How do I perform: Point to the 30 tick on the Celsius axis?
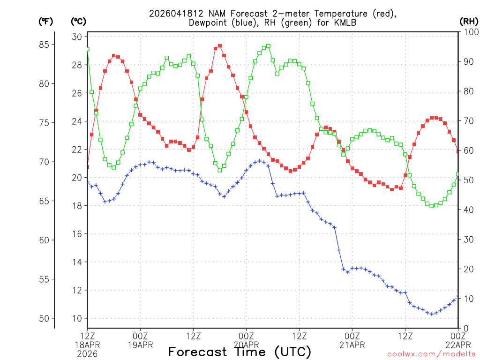pyautogui.click(x=77, y=37)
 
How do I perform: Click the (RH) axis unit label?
pyautogui.click(x=469, y=21)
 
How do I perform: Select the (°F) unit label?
pyautogui.click(x=46, y=21)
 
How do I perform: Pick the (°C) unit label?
pyautogui.click(x=78, y=21)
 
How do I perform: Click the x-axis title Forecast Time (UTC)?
pyautogui.click(x=240, y=352)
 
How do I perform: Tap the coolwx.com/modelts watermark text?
pyautogui.click(x=431, y=353)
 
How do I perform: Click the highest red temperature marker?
pyautogui.click(x=220, y=46)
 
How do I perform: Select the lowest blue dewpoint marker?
pyautogui.click(x=432, y=314)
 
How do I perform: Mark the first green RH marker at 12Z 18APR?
pyautogui.click(x=87, y=49)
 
